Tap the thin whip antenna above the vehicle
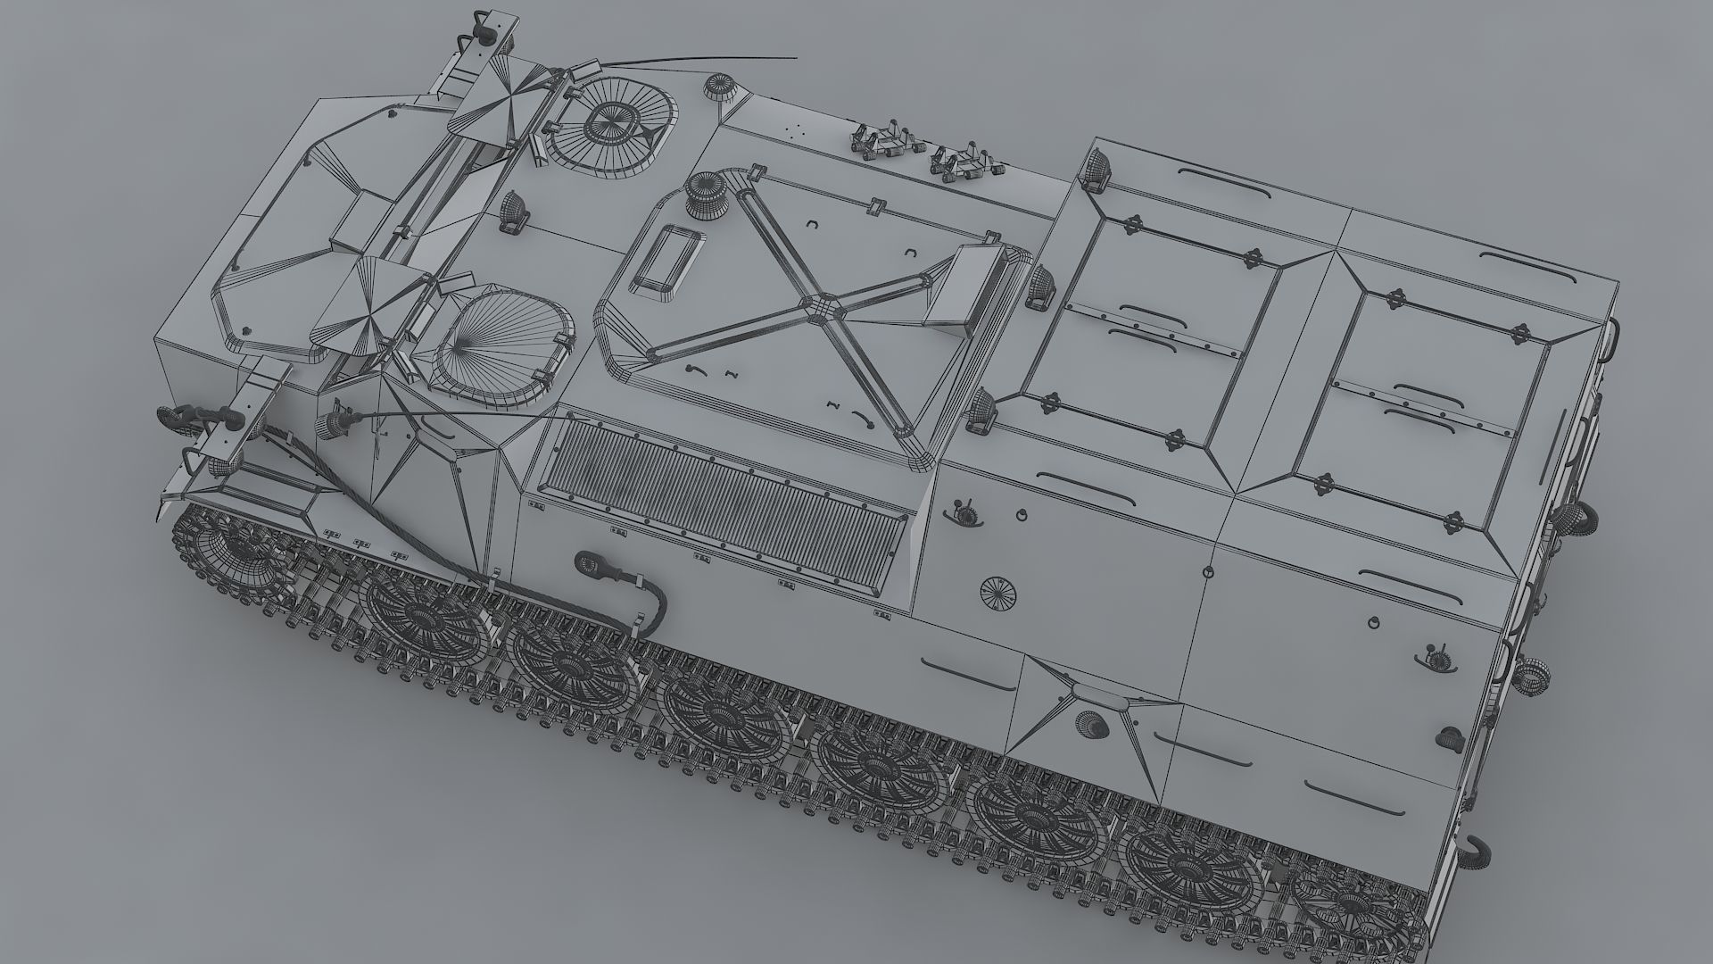[x=705, y=61]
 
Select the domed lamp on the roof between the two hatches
[x=513, y=211]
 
